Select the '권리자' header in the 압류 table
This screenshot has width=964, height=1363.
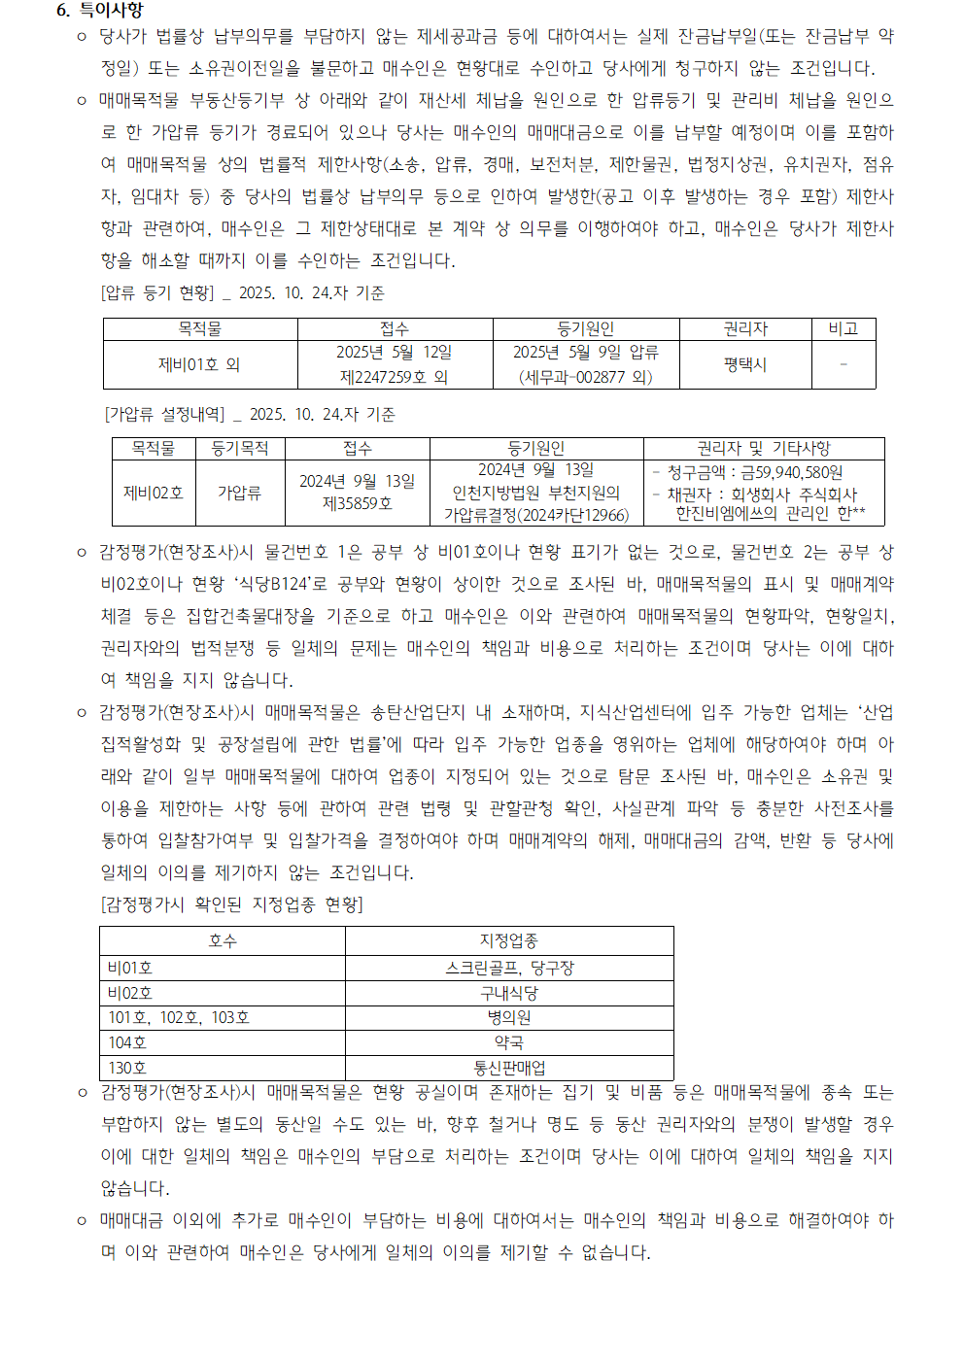tap(745, 329)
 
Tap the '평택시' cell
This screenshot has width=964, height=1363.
tap(745, 364)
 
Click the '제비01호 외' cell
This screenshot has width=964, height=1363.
tap(199, 364)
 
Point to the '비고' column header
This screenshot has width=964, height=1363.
tap(843, 329)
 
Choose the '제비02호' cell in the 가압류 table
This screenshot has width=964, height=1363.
tap(154, 493)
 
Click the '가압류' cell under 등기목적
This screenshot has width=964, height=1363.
tap(239, 493)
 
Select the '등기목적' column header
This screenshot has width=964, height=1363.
tap(239, 448)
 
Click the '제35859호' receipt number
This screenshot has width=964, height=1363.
tap(357, 503)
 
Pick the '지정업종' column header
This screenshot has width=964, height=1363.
tap(508, 940)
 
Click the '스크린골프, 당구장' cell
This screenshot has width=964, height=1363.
tap(508, 968)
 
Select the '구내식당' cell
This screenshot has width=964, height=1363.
tap(508, 993)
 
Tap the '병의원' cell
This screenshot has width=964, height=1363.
tap(508, 1018)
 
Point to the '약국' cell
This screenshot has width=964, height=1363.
tap(508, 1042)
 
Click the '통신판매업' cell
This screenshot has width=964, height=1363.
tap(508, 1068)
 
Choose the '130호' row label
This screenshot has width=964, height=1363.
tap(127, 1068)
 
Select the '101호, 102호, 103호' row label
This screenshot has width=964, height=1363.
tap(179, 1018)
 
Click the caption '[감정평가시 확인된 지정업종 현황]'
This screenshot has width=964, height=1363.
tap(232, 904)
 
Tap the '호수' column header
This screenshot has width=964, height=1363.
tap(223, 940)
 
